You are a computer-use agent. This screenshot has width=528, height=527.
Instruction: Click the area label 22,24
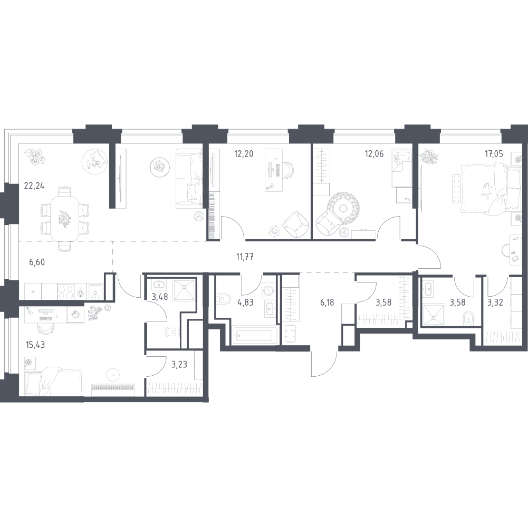point(34,186)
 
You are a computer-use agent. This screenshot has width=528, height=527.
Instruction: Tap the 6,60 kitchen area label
point(37,262)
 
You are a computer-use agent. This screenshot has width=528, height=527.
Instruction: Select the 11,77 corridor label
point(245,257)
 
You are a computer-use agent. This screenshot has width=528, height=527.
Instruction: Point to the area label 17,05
point(494,154)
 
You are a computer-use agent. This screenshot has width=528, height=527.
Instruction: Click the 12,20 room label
point(244,154)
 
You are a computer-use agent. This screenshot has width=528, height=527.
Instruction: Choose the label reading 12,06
point(374,154)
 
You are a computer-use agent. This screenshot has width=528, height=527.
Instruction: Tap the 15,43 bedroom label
point(35,345)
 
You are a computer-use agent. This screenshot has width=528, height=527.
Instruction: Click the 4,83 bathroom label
point(245,302)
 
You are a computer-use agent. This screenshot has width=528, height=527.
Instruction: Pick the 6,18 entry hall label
point(327,302)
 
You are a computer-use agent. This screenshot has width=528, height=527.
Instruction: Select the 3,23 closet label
point(179,365)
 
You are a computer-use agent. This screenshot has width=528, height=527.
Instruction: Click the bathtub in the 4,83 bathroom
point(254,336)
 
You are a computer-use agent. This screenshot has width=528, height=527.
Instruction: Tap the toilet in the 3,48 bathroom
point(171,333)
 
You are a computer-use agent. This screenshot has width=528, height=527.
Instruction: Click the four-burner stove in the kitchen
point(65,291)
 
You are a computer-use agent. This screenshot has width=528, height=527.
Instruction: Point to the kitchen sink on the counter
point(95,291)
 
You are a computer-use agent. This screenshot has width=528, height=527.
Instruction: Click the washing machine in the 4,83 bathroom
point(268,290)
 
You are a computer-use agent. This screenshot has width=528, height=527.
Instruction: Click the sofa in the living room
point(189,179)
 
